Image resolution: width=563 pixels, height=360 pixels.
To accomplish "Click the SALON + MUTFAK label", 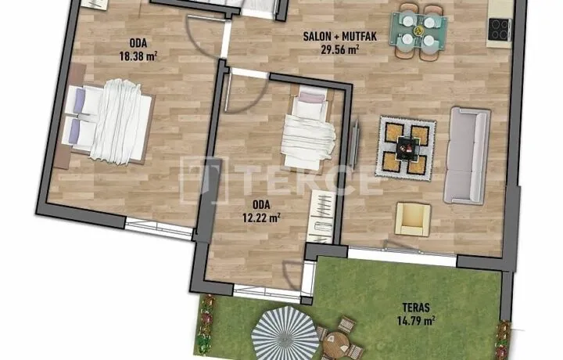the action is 339,36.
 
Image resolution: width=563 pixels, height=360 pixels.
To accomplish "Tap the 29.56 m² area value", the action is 339,49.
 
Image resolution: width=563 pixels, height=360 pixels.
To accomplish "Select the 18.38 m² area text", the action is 138,56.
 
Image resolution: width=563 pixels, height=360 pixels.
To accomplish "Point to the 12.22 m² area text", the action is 261,217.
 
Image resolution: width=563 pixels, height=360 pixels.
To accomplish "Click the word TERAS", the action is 416,308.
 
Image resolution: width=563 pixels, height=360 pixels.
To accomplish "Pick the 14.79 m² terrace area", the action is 416,320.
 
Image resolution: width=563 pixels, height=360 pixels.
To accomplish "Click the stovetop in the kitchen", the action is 499,29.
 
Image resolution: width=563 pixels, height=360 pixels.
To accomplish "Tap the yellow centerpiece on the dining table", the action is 418,31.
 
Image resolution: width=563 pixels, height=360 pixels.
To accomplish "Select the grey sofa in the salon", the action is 467,156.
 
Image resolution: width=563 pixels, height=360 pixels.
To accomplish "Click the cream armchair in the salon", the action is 413,219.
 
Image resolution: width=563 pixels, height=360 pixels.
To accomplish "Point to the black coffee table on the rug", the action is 407,148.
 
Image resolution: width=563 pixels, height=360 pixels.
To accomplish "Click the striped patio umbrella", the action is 285,333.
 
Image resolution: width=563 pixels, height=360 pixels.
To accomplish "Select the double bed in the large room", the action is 108,122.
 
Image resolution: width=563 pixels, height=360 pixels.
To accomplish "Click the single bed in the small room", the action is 309,128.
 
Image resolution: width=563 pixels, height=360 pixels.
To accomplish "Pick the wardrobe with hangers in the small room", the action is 321,217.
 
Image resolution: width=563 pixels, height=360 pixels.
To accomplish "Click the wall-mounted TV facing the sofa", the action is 355,142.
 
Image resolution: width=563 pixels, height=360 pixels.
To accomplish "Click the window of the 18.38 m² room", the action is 159,229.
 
